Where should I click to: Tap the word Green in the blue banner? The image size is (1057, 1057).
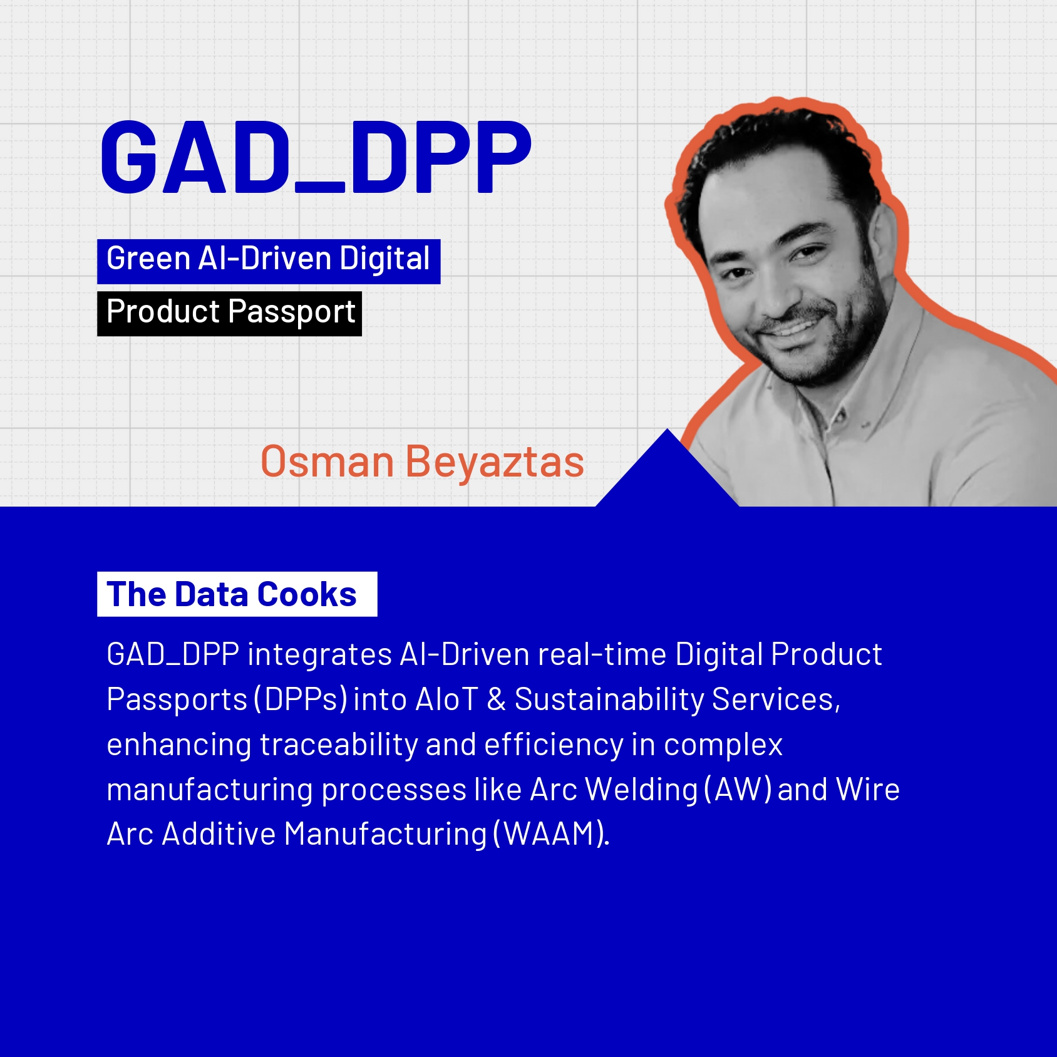click(148, 259)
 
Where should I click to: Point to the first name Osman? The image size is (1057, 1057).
click(327, 462)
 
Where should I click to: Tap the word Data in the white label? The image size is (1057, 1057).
click(212, 594)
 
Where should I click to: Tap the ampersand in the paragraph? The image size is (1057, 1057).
click(496, 699)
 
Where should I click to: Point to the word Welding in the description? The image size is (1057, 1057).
click(641, 790)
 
